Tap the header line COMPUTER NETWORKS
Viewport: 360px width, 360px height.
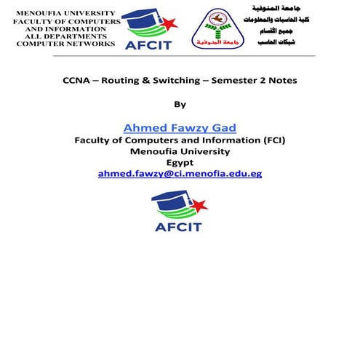[x=65, y=44]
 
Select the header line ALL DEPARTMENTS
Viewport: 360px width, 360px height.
[x=64, y=36]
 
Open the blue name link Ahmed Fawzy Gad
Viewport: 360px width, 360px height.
[x=180, y=127]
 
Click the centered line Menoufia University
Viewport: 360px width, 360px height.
[x=180, y=151]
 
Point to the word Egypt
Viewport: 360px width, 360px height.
[x=180, y=162]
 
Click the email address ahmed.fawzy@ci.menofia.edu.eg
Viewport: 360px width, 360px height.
[x=180, y=174]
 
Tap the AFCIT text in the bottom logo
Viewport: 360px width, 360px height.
[x=179, y=226]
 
